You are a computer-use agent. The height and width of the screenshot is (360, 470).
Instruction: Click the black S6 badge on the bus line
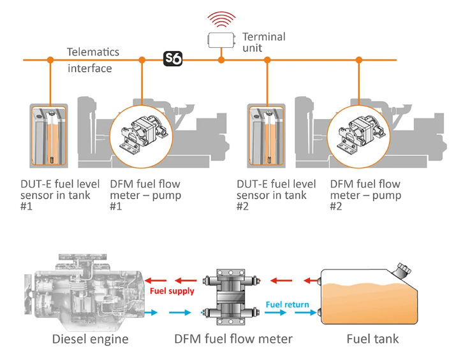tap(173, 59)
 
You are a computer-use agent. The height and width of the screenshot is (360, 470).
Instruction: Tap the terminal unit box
tap(221, 40)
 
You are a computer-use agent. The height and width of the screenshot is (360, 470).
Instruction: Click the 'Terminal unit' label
tap(262, 42)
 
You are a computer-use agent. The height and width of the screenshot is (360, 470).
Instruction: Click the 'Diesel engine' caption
tap(90, 339)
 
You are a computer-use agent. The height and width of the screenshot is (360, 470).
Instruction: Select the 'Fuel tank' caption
tap(372, 339)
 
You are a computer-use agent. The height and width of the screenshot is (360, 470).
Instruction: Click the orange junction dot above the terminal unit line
tap(221, 60)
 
